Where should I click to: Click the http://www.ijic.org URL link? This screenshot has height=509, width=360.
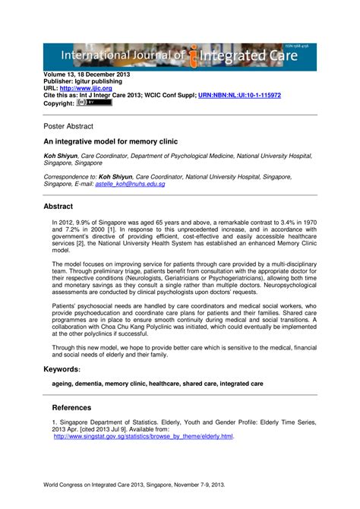(x=96, y=89)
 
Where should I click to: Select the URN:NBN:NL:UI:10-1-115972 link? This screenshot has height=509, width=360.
(x=239, y=96)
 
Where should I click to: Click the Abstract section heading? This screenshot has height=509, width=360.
(x=58, y=206)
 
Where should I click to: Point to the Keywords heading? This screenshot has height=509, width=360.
(x=62, y=368)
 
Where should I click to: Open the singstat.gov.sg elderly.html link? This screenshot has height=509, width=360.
(x=143, y=437)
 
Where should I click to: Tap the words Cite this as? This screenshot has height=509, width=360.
(x=63, y=96)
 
